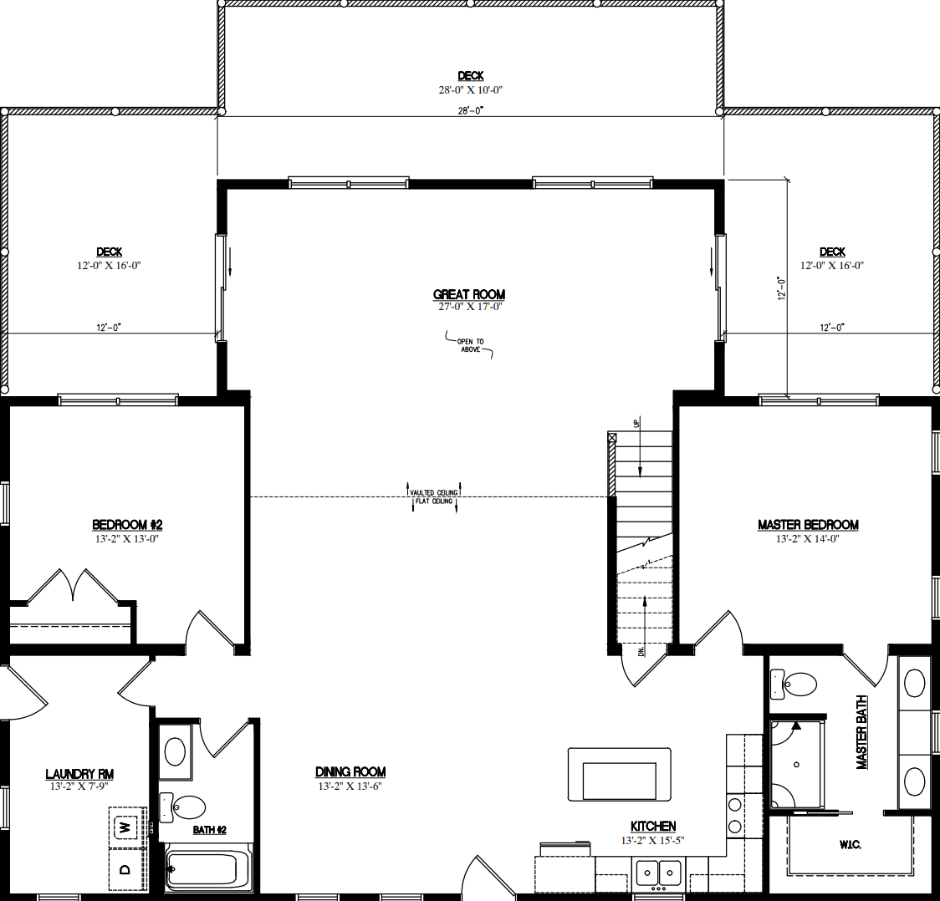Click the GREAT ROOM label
click(x=469, y=294)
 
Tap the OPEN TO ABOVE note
click(x=470, y=345)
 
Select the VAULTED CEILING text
click(x=434, y=492)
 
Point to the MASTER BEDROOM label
click(x=808, y=525)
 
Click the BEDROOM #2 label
click(x=127, y=525)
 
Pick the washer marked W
click(x=125, y=827)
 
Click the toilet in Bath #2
click(x=184, y=807)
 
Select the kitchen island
click(x=619, y=775)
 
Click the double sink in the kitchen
click(x=658, y=873)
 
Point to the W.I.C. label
click(x=850, y=845)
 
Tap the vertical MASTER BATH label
click(x=861, y=732)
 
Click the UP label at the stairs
click(x=637, y=425)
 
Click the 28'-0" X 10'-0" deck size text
click(x=470, y=89)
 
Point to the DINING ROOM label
click(x=350, y=772)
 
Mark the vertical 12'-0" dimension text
click(x=781, y=288)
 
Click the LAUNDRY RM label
click(x=79, y=774)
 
